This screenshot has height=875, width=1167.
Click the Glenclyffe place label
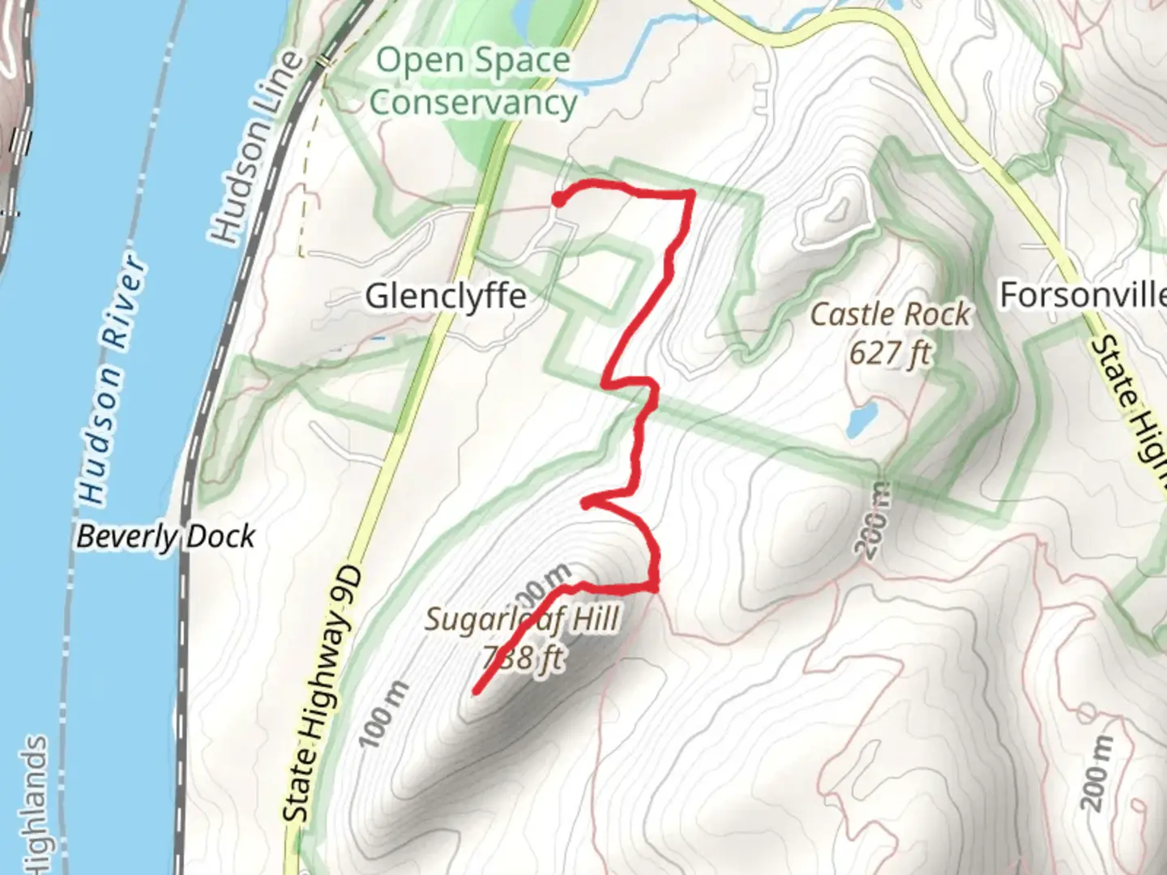446,297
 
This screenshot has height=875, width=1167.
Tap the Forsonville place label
1083,295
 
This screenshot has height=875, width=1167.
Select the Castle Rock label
890,314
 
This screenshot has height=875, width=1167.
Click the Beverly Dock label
165,536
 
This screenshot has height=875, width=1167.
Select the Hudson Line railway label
256,147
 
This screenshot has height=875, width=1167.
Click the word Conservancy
472,103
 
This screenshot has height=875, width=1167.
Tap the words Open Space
473,61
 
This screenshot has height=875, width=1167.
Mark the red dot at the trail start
558,199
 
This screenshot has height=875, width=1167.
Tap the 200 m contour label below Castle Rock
873,519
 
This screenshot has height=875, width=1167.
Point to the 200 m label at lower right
1096,774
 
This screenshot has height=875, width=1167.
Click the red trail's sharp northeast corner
690,193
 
